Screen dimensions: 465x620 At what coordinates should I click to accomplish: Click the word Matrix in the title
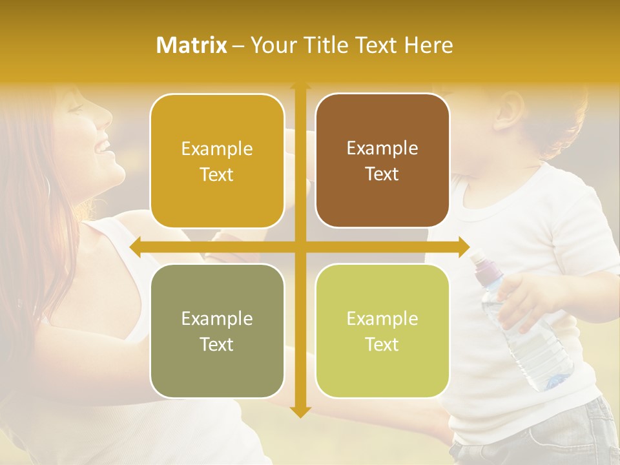[x=192, y=45]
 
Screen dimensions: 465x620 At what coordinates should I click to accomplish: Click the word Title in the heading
[x=330, y=45]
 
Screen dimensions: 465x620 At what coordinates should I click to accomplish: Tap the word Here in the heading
[x=429, y=45]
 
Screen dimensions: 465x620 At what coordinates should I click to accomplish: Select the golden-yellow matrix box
[x=217, y=161]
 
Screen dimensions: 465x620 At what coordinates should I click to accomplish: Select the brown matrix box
[x=382, y=161]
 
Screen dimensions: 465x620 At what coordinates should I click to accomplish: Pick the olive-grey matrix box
[x=217, y=331]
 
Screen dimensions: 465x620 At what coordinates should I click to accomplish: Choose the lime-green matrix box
[x=382, y=331]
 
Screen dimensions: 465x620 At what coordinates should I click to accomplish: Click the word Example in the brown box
[x=382, y=148]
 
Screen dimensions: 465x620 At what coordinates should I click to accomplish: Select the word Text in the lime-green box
[x=382, y=344]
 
